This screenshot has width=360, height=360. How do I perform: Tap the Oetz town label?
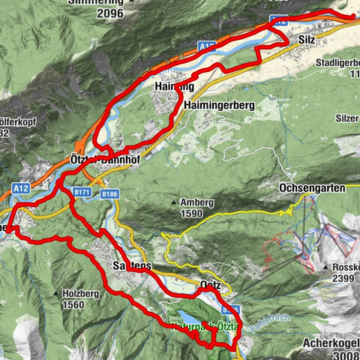(x=211, y=285)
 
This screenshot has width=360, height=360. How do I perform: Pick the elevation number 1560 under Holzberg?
(x=74, y=304)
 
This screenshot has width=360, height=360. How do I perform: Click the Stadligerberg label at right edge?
(x=337, y=63)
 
